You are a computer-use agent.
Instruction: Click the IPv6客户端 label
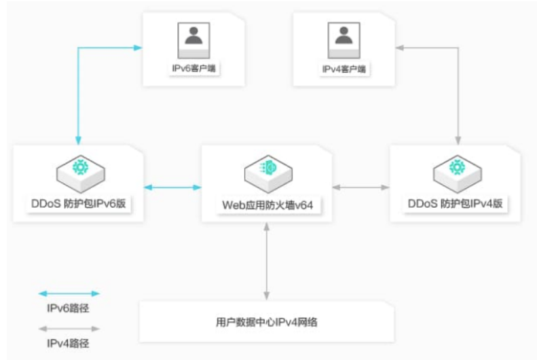pyautogui.click(x=194, y=69)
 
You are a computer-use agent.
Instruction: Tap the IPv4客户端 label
pyautogui.click(x=344, y=69)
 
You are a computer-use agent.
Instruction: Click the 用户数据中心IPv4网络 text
pyautogui.click(x=267, y=322)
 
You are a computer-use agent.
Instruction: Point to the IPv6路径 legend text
pyautogui.click(x=69, y=308)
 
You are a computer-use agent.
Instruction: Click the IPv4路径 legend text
pyautogui.click(x=69, y=343)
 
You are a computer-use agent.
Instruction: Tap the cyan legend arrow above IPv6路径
pyautogui.click(x=69, y=294)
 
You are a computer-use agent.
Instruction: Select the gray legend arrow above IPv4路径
pyautogui.click(x=69, y=329)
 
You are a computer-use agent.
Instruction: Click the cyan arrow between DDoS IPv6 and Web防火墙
pyautogui.click(x=172, y=186)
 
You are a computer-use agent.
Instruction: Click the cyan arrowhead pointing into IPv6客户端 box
pyautogui.click(x=138, y=48)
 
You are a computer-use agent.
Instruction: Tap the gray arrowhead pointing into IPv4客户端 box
pyautogui.click(x=400, y=48)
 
